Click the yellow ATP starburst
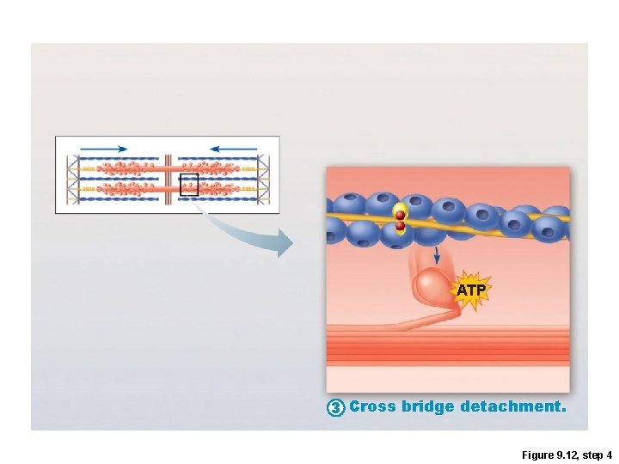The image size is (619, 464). (x=470, y=290)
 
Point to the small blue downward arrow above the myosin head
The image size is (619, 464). (x=437, y=255)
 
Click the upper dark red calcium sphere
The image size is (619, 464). (x=400, y=215)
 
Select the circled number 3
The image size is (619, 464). (x=336, y=406)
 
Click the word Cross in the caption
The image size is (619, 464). (x=372, y=406)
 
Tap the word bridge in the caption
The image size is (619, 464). (x=427, y=406)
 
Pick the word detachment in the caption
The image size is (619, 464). (x=512, y=406)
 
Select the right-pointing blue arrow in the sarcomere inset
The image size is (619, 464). (x=104, y=149)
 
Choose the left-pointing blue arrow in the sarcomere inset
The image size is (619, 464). (x=232, y=149)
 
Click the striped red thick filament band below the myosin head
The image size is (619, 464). (x=447, y=344)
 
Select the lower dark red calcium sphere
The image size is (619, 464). (x=400, y=226)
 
